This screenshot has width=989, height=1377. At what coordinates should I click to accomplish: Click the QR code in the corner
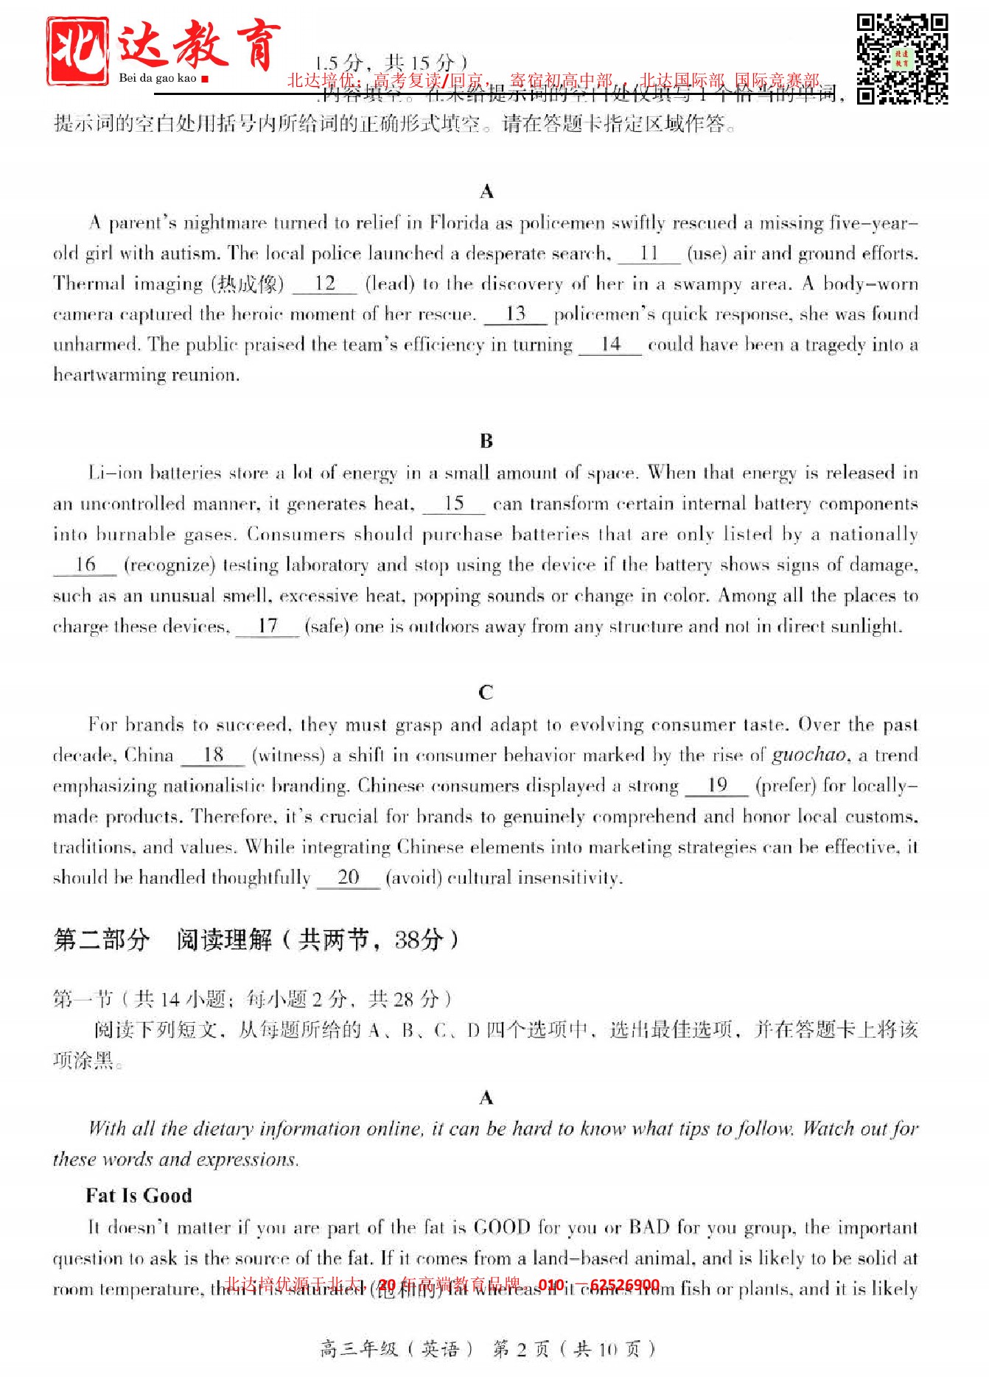point(901,58)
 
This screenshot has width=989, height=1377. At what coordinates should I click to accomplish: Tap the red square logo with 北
point(77,51)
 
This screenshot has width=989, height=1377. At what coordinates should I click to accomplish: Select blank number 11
point(649,254)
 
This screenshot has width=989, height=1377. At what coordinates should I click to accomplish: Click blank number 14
point(610,345)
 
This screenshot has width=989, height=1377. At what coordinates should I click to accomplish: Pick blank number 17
point(268,627)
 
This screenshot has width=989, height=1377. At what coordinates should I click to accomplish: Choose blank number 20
point(348,878)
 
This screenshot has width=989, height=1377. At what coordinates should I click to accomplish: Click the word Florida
point(458,223)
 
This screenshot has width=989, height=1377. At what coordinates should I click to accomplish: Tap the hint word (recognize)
point(170,566)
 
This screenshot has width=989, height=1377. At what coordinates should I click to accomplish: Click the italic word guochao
point(808,756)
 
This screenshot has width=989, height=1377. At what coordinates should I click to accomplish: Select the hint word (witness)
point(288,756)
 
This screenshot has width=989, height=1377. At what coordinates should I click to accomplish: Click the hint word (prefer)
point(786,786)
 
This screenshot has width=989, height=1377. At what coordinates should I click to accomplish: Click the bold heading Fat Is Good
point(139,1196)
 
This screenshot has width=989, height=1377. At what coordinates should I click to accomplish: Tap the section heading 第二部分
point(102,940)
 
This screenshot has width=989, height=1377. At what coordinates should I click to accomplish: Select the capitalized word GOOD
point(502,1228)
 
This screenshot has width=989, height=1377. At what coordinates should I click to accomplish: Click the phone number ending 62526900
point(624,1286)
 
